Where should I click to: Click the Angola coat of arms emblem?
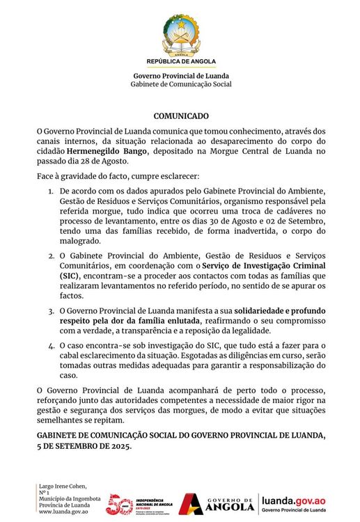(x=180, y=34)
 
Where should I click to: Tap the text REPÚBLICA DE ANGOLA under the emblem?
(x=180, y=61)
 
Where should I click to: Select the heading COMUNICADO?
(x=180, y=116)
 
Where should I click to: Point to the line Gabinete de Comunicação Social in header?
(x=180, y=84)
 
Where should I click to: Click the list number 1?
(x=50, y=191)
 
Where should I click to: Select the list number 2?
(x=50, y=257)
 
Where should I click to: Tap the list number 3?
(x=50, y=310)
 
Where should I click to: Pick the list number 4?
(x=50, y=346)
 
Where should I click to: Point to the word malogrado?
(x=81, y=240)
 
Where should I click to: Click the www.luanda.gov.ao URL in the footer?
(x=63, y=511)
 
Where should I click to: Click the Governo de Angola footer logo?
(x=216, y=502)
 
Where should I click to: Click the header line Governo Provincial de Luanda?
(x=180, y=76)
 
